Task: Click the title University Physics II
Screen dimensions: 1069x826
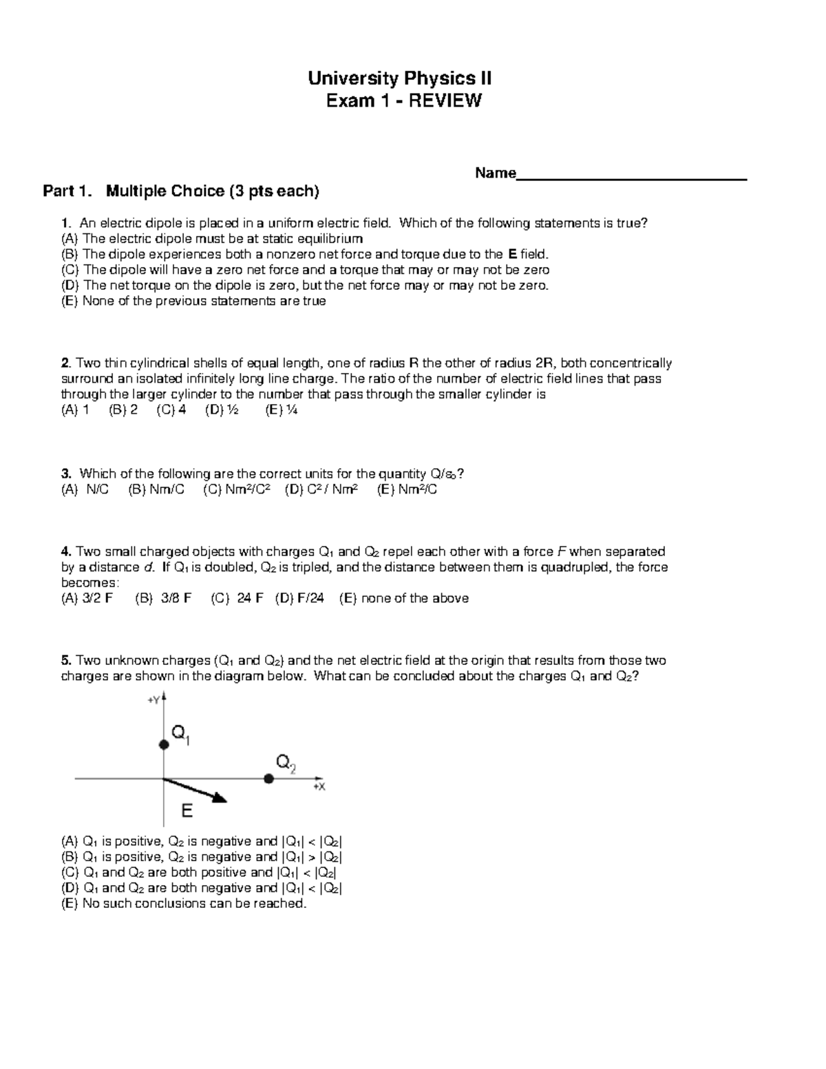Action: pyautogui.click(x=399, y=78)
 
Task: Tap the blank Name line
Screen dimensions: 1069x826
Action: pyautogui.click(x=631, y=175)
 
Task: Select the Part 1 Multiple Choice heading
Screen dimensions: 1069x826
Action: pyautogui.click(x=181, y=191)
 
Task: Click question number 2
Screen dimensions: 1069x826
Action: pyautogui.click(x=65, y=363)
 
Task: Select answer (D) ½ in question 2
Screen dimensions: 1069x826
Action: pyautogui.click(x=222, y=410)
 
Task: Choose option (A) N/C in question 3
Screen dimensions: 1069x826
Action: pyautogui.click(x=85, y=489)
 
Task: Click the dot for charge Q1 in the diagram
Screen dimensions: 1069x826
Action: pyautogui.click(x=163, y=745)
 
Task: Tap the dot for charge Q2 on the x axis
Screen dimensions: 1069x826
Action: pyautogui.click(x=268, y=779)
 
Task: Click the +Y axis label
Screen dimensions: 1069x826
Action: pyautogui.click(x=153, y=699)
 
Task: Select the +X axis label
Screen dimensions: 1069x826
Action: pyautogui.click(x=319, y=787)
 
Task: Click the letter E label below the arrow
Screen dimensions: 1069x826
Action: pyautogui.click(x=187, y=812)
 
